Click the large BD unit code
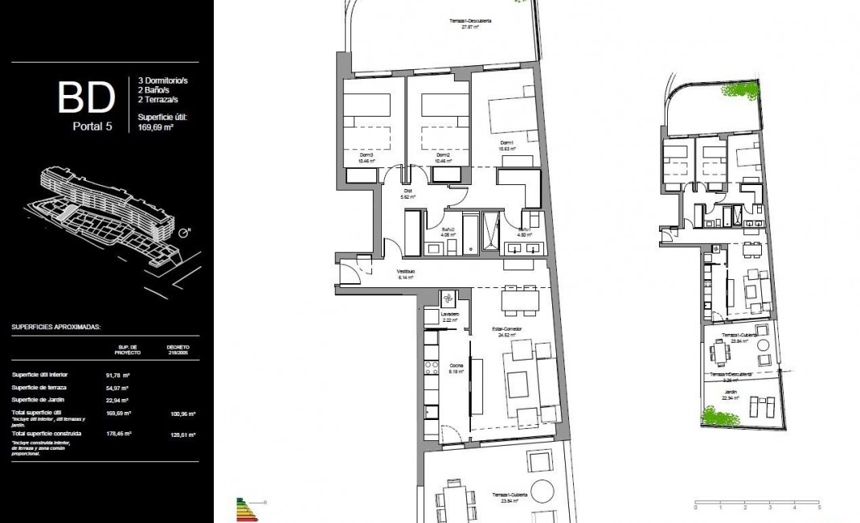[x=85, y=98]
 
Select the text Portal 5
[x=90, y=126]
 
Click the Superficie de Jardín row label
[x=39, y=400]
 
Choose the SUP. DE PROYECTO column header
[x=128, y=350]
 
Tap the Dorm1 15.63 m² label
[x=506, y=145]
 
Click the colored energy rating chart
[x=244, y=509]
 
